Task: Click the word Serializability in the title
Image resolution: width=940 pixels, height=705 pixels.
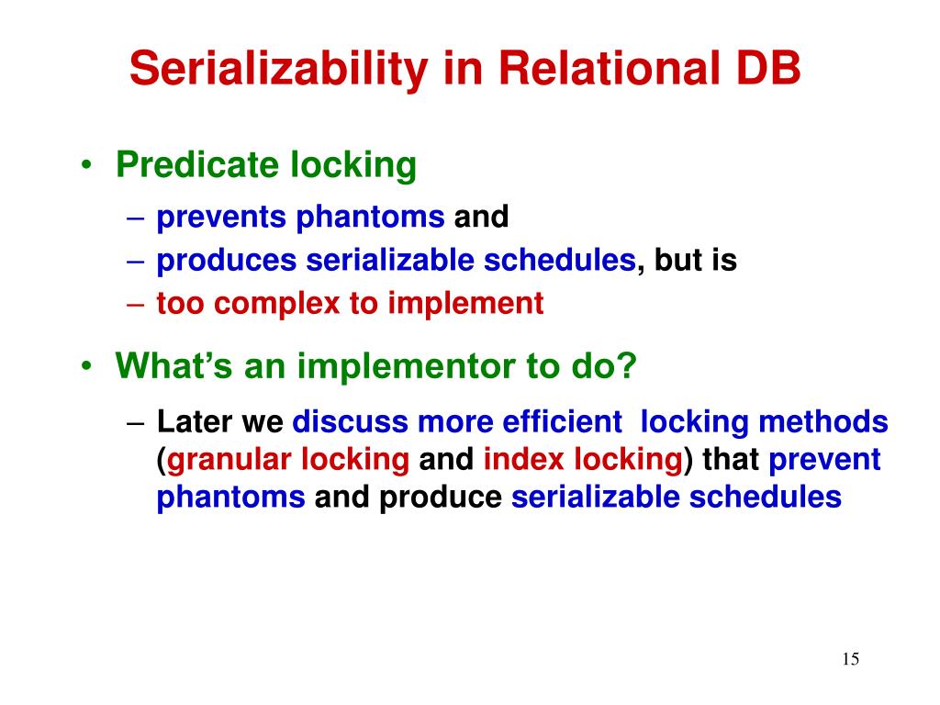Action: [x=278, y=69]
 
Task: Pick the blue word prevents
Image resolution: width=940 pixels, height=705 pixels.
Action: [x=221, y=217]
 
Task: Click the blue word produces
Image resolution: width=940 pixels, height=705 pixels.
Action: [x=227, y=261]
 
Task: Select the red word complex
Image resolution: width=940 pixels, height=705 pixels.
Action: [x=277, y=303]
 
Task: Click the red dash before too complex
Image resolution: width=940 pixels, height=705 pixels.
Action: [x=136, y=304]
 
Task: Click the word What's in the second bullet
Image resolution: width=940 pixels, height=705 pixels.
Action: [x=173, y=364]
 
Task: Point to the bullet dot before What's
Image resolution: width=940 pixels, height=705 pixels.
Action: [x=87, y=365]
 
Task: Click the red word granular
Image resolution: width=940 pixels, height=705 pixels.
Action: [x=229, y=461]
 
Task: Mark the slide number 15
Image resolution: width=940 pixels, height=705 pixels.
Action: [x=851, y=659]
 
